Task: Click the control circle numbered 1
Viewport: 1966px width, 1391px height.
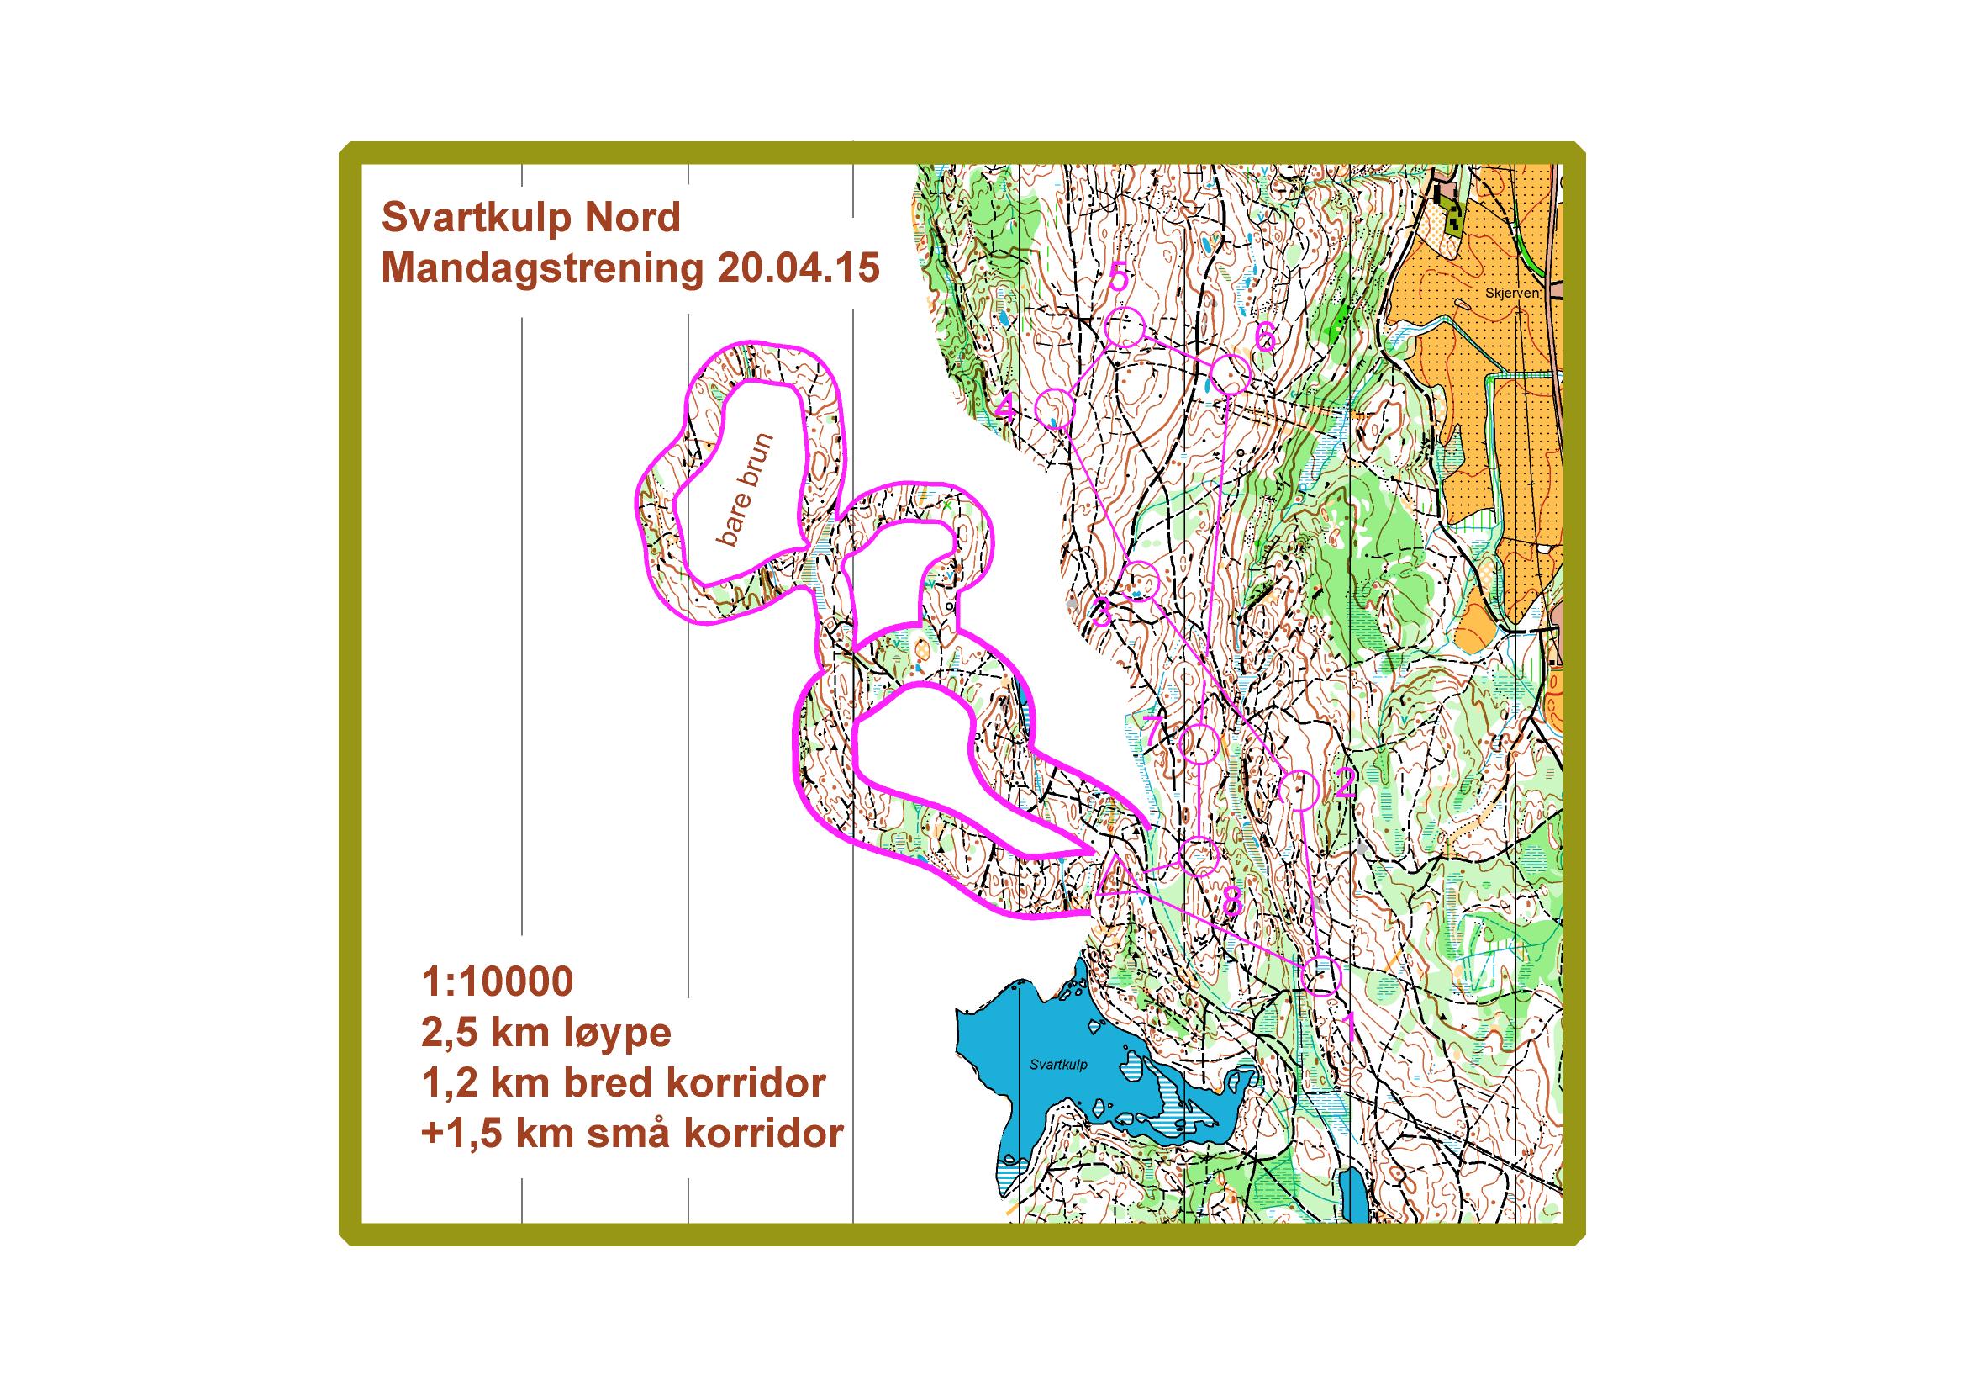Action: click(x=1320, y=976)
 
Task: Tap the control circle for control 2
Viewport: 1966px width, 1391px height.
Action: click(x=1298, y=789)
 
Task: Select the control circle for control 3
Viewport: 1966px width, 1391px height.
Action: click(x=1140, y=581)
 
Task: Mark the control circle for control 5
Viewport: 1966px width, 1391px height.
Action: click(x=1125, y=328)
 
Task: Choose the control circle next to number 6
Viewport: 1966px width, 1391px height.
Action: click(x=1231, y=374)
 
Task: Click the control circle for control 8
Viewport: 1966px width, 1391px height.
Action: click(x=1199, y=855)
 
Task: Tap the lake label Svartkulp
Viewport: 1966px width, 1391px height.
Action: click(x=1058, y=1065)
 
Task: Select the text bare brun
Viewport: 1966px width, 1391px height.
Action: click(x=743, y=490)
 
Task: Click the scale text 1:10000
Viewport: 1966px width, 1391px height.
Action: click(x=497, y=981)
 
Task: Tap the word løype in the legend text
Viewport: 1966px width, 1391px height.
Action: click(x=619, y=1032)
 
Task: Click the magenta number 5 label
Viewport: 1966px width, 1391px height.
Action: click(x=1117, y=278)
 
